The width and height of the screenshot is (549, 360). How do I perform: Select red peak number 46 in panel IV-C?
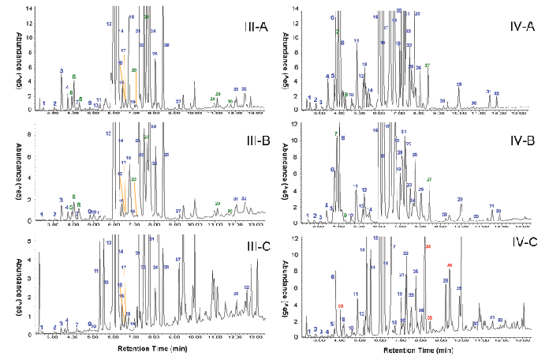point(449,265)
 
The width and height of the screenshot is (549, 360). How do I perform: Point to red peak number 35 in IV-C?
point(430,317)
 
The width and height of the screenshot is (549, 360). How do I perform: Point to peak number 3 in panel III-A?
point(61,71)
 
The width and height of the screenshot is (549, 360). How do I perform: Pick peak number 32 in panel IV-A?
point(496,94)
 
